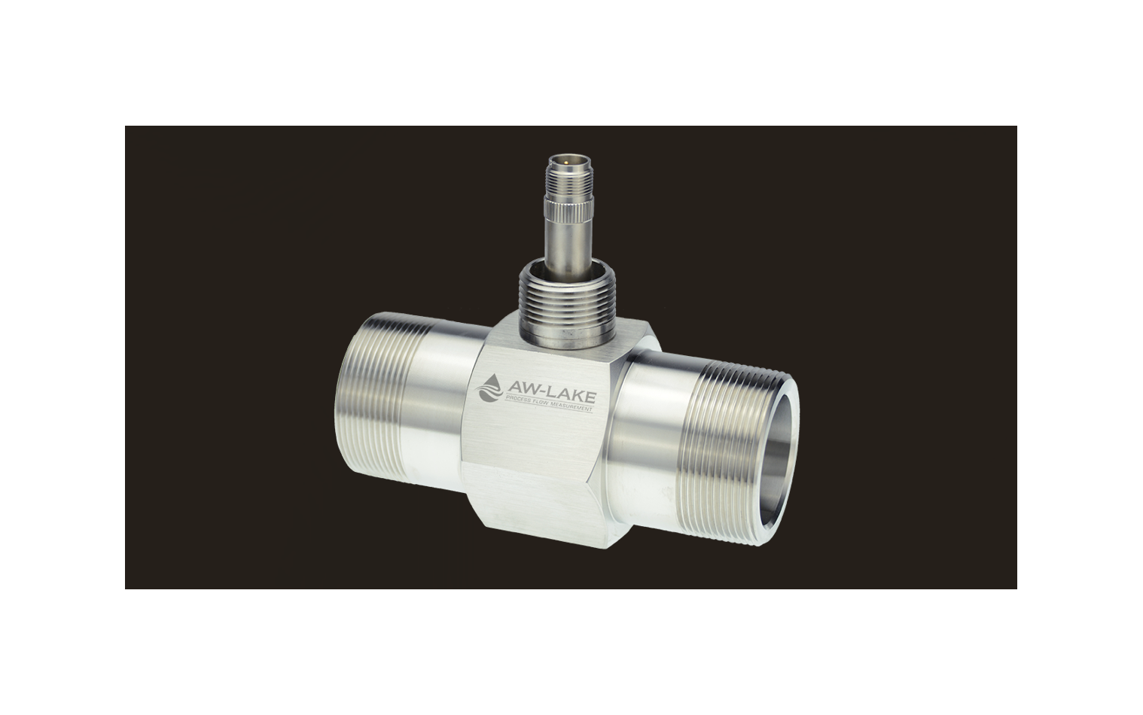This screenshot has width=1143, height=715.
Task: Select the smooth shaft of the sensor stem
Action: point(568,245)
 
